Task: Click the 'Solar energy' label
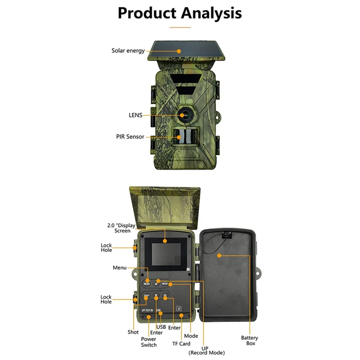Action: tap(128, 51)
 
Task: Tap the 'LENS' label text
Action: tap(135, 115)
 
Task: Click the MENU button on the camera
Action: tap(147, 283)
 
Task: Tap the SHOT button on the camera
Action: tap(146, 296)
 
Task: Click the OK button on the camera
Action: tap(165, 296)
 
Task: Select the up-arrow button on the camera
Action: tap(156, 283)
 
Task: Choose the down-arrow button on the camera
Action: tap(156, 296)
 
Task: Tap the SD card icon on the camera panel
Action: tap(179, 309)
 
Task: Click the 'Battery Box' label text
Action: tap(249, 340)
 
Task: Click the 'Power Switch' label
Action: tap(148, 342)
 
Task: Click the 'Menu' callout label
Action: tap(120, 268)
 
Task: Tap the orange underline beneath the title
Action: tap(180, 27)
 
